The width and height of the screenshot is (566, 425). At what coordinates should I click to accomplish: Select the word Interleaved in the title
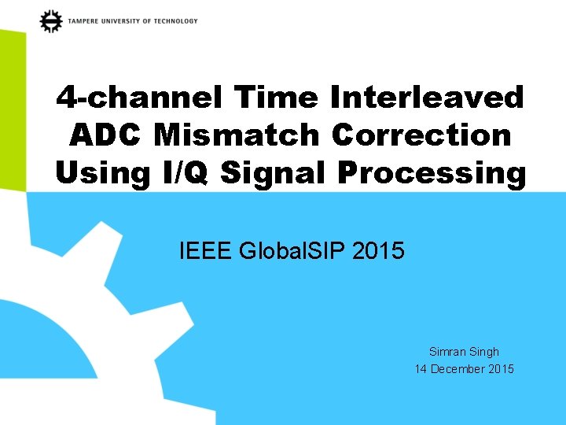point(427,98)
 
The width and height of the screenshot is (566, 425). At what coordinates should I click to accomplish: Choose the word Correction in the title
point(421,135)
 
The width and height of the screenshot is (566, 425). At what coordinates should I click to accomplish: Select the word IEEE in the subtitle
point(206,252)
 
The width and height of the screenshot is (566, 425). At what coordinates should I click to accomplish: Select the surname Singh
point(484,352)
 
